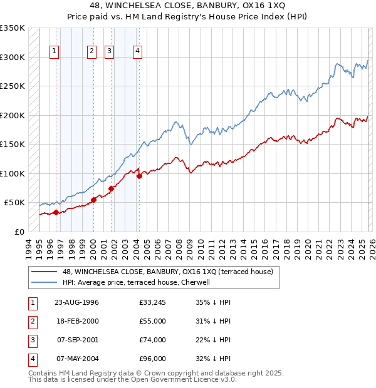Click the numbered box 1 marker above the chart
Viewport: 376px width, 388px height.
pos(55,51)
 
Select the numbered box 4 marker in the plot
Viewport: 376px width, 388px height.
pos(137,51)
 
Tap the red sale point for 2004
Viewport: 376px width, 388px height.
pos(139,176)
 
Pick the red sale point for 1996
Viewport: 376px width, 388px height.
pos(56,212)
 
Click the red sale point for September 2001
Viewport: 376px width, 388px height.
pos(111,188)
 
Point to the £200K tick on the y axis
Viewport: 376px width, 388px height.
pos(13,115)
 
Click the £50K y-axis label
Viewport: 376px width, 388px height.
pos(14,203)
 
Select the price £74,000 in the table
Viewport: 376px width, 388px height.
pos(153,340)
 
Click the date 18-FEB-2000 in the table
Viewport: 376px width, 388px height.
pos(76,321)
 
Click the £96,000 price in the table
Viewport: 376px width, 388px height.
pos(153,359)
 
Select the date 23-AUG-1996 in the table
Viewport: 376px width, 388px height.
pos(76,302)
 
